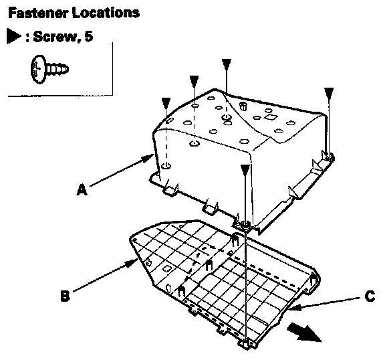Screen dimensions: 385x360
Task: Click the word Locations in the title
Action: coord(106,13)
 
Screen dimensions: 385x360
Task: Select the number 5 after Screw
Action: coord(89,36)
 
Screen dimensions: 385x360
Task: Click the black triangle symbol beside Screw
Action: coord(13,36)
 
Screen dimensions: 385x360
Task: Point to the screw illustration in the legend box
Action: coord(49,69)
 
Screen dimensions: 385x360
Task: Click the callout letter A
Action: coord(82,190)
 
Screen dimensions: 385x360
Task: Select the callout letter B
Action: coord(66,296)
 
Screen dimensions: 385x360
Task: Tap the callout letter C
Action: coord(370,296)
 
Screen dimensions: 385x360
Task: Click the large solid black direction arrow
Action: coord(305,333)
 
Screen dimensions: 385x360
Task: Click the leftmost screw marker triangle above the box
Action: coord(166,102)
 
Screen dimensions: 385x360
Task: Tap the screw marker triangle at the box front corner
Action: coord(245,170)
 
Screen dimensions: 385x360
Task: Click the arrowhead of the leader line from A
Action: coord(148,157)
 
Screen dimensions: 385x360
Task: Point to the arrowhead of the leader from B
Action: coord(132,264)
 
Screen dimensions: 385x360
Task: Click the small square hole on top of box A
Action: coord(270,117)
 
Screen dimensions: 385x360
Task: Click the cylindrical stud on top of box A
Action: coord(243,106)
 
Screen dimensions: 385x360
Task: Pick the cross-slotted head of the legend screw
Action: coord(38,69)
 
